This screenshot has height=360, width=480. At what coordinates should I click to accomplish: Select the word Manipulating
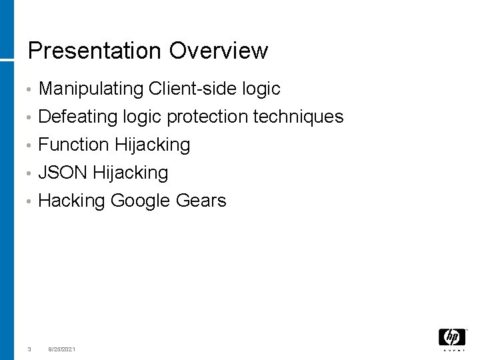(x=91, y=89)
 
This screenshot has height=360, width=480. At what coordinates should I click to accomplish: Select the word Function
(x=74, y=145)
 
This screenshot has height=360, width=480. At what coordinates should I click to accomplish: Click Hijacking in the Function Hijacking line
(x=153, y=145)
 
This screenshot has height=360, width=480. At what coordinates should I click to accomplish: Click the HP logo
(x=451, y=337)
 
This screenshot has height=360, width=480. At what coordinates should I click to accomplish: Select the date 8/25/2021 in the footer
(x=61, y=349)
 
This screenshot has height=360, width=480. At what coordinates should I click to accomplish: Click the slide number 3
(x=29, y=349)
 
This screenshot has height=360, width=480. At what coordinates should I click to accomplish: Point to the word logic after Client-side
(x=264, y=89)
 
